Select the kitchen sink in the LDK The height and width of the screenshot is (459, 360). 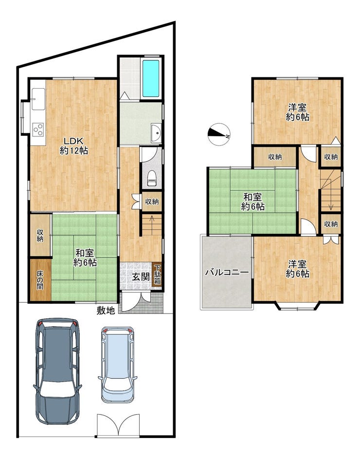(38, 99)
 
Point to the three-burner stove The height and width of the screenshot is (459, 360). (38, 129)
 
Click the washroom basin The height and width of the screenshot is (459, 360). (156, 133)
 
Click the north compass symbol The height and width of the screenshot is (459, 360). (219, 134)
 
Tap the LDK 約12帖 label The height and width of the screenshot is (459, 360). (74, 145)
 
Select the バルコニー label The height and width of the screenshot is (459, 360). (227, 273)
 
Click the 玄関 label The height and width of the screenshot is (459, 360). (141, 276)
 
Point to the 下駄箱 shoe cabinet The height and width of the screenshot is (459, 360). (157, 274)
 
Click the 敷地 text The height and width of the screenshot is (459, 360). (106, 310)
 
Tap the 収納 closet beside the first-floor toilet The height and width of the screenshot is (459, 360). (152, 202)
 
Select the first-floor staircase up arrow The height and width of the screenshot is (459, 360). (152, 222)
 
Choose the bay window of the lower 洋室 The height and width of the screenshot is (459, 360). (297, 306)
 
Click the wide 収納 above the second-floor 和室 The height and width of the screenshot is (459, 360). (275, 157)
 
